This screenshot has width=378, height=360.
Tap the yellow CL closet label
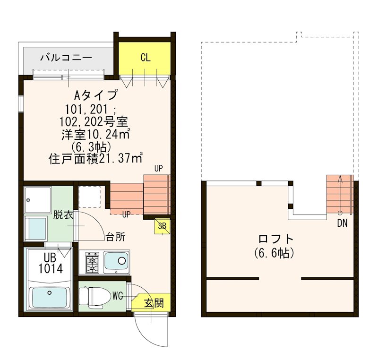coord(145,58)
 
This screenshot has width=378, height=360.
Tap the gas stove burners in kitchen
coord(91,263)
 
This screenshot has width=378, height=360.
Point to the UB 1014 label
coord(50,262)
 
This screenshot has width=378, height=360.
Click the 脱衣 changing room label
coord(62,215)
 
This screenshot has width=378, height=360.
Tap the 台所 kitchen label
coord(115,237)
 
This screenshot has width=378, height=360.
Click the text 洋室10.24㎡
coord(95,134)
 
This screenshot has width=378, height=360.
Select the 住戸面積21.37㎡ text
coord(96,159)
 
